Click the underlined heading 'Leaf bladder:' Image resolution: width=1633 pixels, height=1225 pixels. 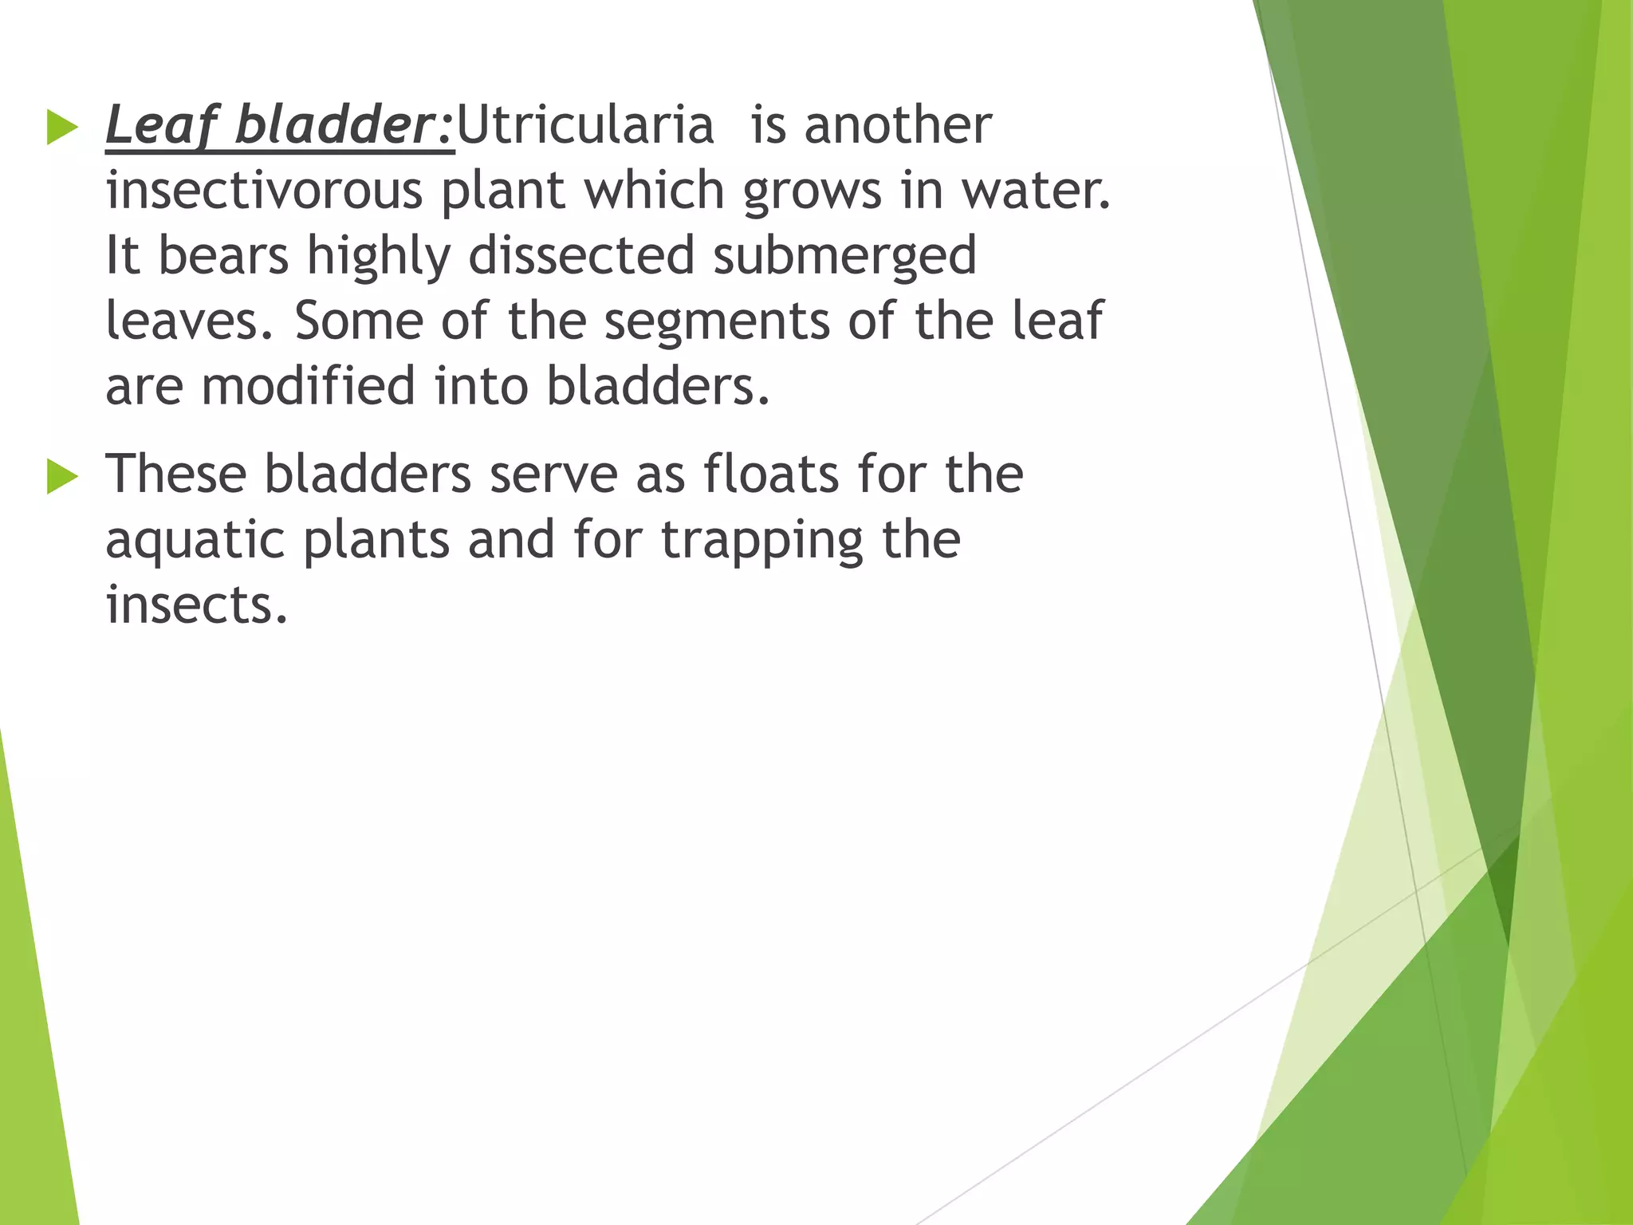(279, 126)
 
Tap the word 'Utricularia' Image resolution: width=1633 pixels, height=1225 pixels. (584, 126)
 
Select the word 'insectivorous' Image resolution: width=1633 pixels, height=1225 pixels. (264, 191)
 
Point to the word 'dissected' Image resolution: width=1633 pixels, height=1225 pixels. (581, 256)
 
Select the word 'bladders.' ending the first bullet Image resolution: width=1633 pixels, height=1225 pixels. (658, 386)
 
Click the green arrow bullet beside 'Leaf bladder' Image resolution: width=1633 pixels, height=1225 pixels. (63, 128)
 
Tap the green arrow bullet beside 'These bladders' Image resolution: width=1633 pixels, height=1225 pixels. (63, 477)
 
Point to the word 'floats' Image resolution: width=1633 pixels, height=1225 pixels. (771, 475)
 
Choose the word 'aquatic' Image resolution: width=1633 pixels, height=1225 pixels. (195, 541)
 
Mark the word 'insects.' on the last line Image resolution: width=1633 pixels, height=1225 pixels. (196, 605)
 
